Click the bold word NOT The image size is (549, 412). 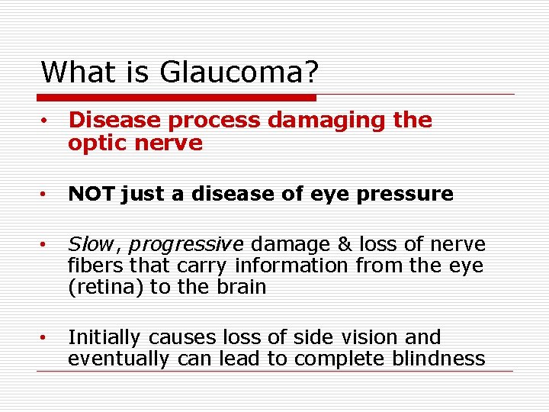(x=91, y=195)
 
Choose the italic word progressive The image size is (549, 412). (x=185, y=245)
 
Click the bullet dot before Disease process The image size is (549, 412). (x=47, y=121)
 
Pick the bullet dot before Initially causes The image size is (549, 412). (x=47, y=337)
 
